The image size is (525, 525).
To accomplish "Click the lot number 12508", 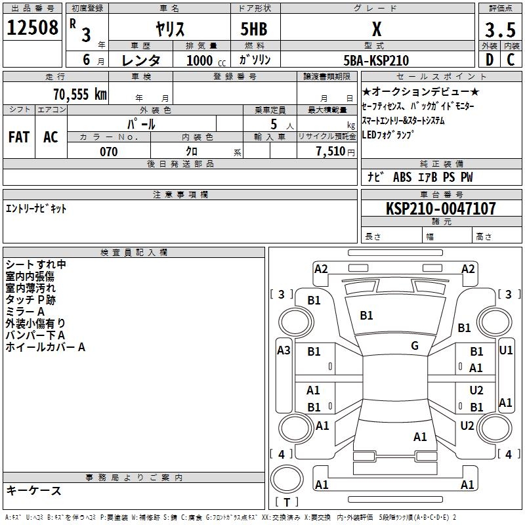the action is point(32,28).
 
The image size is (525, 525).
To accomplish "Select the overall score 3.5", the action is point(500,30).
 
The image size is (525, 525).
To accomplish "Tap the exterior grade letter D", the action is point(490,60).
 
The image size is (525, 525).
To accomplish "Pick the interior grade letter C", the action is point(511,60).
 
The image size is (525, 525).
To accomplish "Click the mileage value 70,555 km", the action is point(80,94).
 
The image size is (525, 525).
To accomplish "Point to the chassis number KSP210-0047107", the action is point(441,208).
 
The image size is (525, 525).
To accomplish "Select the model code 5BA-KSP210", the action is point(376,60).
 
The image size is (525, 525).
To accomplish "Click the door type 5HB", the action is point(254,29).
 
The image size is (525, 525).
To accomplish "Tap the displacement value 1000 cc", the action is point(206,60).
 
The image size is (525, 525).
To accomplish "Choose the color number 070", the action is point(109,152).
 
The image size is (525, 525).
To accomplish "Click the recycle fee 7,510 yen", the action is point(335,152).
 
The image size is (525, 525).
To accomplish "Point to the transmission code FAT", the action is point(19,137).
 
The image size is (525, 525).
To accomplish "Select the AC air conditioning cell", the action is point(51,137).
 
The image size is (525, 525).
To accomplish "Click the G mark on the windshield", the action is point(415,346).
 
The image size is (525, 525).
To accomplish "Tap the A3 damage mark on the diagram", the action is point(283,350).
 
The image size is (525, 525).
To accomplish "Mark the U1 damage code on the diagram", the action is point(505,350).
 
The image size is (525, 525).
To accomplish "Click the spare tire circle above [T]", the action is point(287,478).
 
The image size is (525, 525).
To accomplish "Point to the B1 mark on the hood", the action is point(366,316).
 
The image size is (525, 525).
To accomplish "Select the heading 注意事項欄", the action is point(180,194).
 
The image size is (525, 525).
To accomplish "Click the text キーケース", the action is point(33,490).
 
